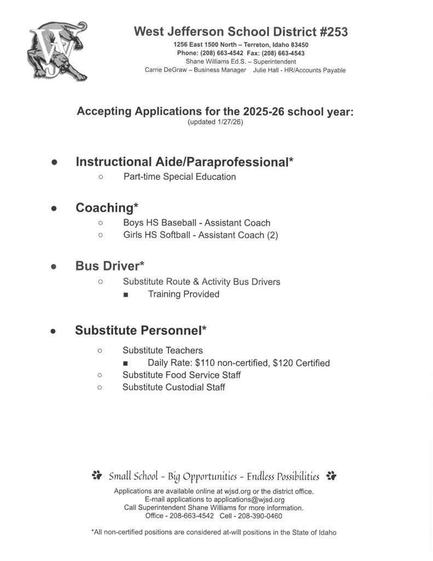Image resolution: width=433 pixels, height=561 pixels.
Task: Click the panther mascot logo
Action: (x=57, y=53)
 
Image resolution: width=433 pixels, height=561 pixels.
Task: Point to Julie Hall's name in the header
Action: (x=266, y=70)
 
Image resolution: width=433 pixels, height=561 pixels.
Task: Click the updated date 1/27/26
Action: (x=229, y=122)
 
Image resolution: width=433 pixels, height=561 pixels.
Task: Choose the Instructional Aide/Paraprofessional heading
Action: (x=184, y=162)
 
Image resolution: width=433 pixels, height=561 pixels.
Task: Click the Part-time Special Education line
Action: (x=180, y=177)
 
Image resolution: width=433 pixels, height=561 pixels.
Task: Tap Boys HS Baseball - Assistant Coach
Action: (x=197, y=223)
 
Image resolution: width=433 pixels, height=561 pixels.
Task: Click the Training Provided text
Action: (x=183, y=294)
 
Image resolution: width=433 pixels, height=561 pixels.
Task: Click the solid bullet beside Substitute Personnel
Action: (x=54, y=331)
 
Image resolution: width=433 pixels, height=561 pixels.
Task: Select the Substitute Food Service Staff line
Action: (x=181, y=375)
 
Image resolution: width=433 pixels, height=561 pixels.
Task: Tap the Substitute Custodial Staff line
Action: (x=174, y=387)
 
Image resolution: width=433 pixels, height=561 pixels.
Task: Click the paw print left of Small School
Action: (x=97, y=476)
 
